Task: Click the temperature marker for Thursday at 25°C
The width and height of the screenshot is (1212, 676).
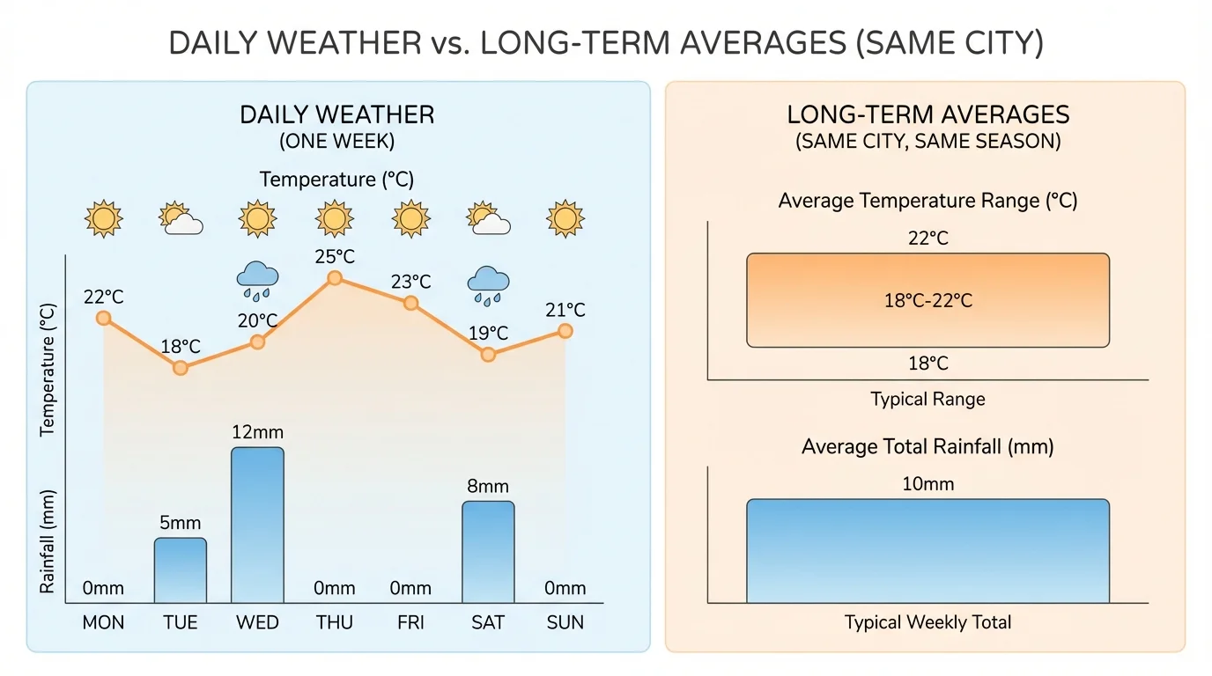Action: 335,278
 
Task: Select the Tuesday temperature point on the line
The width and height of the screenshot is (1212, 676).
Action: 181,368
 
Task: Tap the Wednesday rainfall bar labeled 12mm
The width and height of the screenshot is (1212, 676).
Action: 257,525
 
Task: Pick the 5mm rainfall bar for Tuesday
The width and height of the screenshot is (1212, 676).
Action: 181,569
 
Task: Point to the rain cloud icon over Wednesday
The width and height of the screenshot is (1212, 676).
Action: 257,279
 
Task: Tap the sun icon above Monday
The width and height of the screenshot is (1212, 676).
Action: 103,218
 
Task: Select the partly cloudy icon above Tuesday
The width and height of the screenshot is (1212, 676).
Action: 181,218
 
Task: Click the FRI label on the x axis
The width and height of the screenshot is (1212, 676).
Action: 410,623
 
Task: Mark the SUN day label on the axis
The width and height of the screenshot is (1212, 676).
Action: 565,623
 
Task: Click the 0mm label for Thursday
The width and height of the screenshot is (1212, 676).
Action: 335,588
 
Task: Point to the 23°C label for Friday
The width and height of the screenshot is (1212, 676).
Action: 410,282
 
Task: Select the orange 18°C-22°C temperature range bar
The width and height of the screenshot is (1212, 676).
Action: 927,300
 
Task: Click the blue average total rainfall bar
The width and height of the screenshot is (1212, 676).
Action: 927,550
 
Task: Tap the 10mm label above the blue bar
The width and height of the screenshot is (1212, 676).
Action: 927,484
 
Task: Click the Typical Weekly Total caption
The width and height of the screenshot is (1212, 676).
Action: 927,622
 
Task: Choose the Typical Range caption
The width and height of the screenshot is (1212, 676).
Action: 927,399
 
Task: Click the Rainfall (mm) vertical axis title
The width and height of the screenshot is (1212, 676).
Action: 48,540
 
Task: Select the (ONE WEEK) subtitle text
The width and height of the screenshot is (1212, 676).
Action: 336,142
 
